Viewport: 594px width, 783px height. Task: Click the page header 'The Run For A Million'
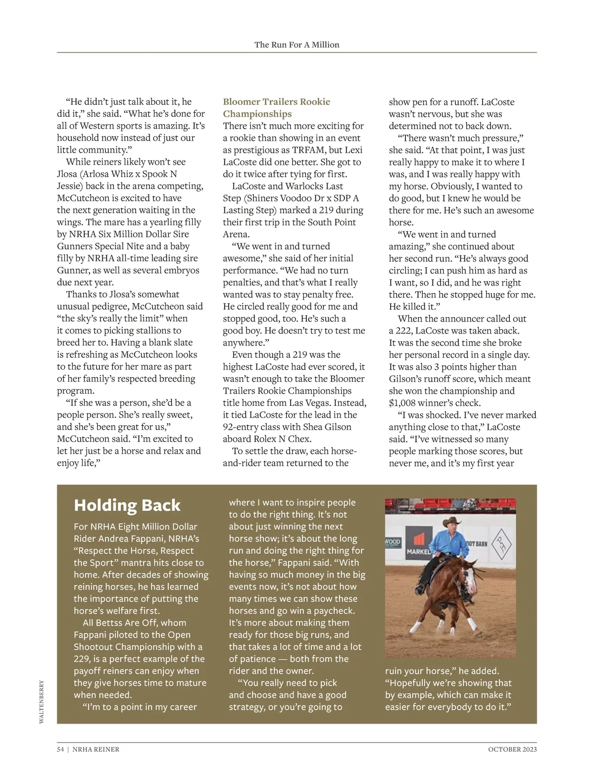[x=297, y=45]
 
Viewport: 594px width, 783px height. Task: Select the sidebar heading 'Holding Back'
[x=127, y=505]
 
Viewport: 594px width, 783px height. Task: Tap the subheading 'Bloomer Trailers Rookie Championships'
[x=276, y=108]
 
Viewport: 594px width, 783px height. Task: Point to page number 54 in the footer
[x=60, y=749]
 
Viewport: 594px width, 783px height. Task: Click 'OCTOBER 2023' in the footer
[x=512, y=749]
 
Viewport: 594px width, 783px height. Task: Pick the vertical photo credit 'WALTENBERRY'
[x=42, y=702]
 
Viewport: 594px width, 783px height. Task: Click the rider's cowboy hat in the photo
[x=451, y=522]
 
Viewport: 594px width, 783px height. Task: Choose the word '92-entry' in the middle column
[x=242, y=427]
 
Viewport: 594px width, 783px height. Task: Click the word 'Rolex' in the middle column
[x=265, y=439]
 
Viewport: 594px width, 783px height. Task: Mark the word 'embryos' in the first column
[x=183, y=270]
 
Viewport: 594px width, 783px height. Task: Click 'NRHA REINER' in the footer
[x=96, y=749]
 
